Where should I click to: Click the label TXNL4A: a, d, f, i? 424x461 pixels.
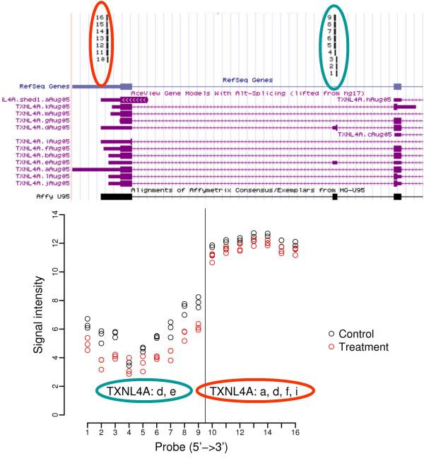[254, 391]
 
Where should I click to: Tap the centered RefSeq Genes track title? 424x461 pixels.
[247, 80]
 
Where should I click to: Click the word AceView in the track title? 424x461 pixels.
[146, 93]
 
